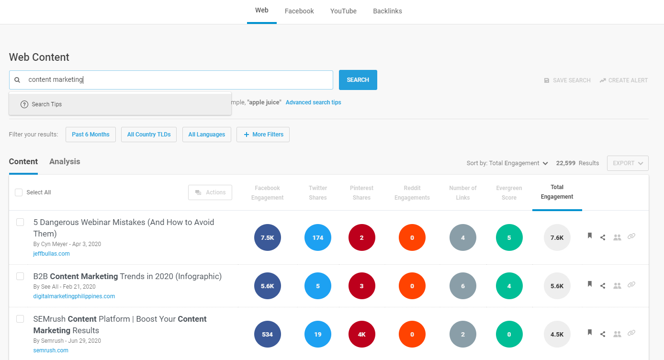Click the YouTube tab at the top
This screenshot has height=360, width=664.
point(343,11)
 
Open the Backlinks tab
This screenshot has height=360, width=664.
point(387,11)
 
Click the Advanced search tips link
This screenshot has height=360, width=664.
point(313,102)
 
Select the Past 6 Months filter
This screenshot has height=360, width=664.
point(90,135)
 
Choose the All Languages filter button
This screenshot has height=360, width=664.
point(206,135)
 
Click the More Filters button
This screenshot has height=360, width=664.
point(263,135)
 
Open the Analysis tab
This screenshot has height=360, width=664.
point(65,162)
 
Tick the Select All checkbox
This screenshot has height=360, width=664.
point(19,192)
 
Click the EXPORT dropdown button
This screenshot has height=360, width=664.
point(627,163)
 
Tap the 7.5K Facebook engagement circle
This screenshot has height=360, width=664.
point(267,237)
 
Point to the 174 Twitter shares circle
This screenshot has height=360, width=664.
point(318,237)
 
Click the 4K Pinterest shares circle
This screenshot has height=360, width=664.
point(361,334)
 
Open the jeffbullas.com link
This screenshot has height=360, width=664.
point(51,254)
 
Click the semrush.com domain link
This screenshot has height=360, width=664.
point(51,350)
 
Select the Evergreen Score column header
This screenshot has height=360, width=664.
point(509,193)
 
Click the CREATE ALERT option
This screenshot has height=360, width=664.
point(623,80)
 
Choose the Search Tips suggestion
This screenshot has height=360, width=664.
point(46,104)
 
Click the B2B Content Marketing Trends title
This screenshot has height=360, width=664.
point(127,277)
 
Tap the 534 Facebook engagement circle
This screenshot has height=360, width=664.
point(267,334)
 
